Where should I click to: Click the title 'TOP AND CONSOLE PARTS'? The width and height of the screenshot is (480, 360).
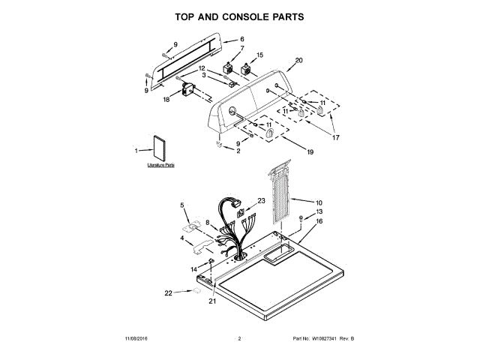pyautogui.click(x=239, y=16)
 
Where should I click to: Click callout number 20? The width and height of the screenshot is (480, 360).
pyautogui.click(x=298, y=60)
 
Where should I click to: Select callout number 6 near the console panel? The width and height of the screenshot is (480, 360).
pyautogui.click(x=241, y=40)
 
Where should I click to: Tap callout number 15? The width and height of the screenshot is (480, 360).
pyautogui.click(x=260, y=55)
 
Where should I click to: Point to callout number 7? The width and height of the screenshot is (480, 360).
pyautogui.click(x=241, y=49)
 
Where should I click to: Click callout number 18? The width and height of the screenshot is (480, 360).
pyautogui.click(x=167, y=98)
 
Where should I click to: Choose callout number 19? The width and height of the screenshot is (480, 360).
pyautogui.click(x=309, y=151)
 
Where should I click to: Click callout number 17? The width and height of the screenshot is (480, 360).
pyautogui.click(x=336, y=137)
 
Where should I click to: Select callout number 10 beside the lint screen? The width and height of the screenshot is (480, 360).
pyautogui.click(x=319, y=202)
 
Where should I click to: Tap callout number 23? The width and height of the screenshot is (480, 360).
pyautogui.click(x=262, y=200)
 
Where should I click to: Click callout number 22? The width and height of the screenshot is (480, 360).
pyautogui.click(x=168, y=292)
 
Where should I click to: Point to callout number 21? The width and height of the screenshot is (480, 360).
pyautogui.click(x=212, y=301)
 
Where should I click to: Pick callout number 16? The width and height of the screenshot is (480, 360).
pyautogui.click(x=319, y=221)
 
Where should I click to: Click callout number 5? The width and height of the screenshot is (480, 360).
pyautogui.click(x=181, y=204)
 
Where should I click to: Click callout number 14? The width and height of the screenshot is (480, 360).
pyautogui.click(x=193, y=268)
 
